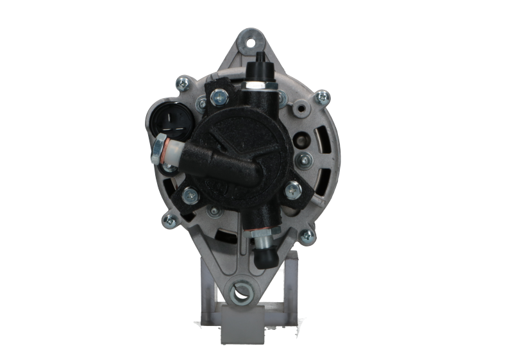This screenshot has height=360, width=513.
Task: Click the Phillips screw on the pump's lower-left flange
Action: point(189,194)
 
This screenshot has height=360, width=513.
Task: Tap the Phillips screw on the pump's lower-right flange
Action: point(294,188)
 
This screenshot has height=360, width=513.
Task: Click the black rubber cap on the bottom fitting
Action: point(264,257)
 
